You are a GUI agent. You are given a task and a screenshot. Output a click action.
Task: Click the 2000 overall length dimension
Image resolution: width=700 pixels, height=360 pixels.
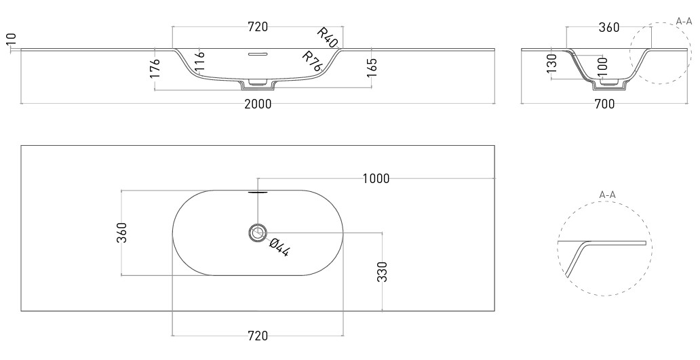258,104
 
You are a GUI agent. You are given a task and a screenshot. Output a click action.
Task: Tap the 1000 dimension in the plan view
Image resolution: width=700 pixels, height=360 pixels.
376,178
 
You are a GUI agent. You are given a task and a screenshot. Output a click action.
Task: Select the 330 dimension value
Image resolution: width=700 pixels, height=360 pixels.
382,272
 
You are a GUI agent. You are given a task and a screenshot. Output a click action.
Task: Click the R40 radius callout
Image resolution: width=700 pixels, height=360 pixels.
328,37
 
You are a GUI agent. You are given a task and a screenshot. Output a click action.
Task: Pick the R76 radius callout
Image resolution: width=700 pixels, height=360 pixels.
313,61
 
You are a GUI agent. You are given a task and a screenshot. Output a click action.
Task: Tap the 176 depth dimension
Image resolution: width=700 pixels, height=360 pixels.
155,68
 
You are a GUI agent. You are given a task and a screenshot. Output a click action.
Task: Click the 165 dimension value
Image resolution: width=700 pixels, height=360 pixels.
372,68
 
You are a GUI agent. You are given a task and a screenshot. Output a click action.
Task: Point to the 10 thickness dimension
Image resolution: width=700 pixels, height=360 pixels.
11,39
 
